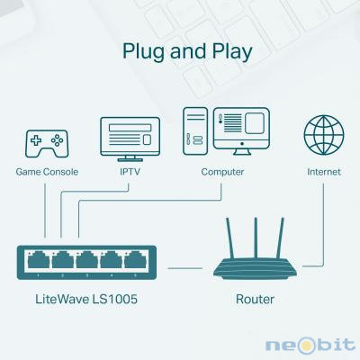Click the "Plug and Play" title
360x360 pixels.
pos(187,51)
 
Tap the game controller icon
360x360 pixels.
pos(47,144)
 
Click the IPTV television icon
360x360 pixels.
pos(130,139)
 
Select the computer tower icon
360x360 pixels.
pos(195,131)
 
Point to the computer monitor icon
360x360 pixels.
pos(241,131)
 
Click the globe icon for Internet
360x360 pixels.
pos(324,135)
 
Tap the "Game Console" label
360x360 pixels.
pos(47,172)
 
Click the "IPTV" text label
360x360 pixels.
pos(130,172)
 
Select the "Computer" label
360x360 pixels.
pos(222,172)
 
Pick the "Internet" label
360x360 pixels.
pos(324,172)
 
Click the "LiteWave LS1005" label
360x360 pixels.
pos(86,299)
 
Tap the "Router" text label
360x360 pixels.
pos(255,300)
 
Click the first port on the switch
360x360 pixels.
pos(39,260)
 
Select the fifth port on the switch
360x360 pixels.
pos(135,260)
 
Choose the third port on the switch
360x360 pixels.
pos(86,260)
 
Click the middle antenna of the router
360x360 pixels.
pos(256,238)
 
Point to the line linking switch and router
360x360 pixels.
pos(185,268)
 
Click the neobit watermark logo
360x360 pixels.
pos(310,345)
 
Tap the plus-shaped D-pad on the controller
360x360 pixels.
pos(36,140)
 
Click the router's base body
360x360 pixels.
pos(255,268)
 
